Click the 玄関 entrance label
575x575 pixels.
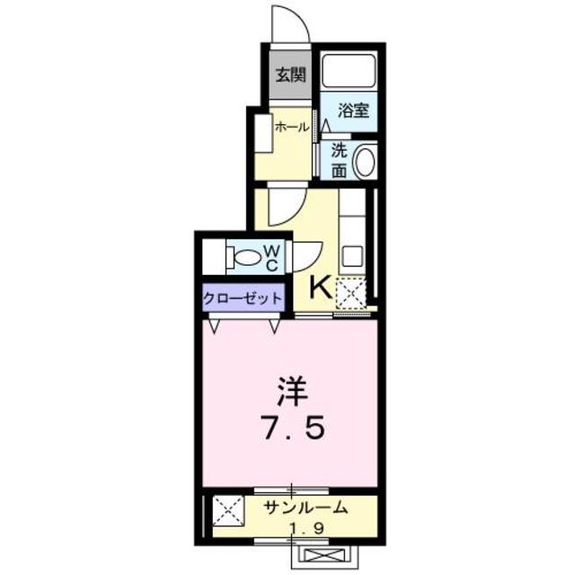(287, 75)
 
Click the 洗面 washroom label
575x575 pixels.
(338, 160)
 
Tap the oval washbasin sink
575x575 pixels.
(365, 163)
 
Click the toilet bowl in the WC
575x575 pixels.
(245, 258)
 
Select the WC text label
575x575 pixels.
(271, 258)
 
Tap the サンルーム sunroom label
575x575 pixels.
(305, 509)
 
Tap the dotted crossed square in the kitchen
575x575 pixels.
(350, 292)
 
